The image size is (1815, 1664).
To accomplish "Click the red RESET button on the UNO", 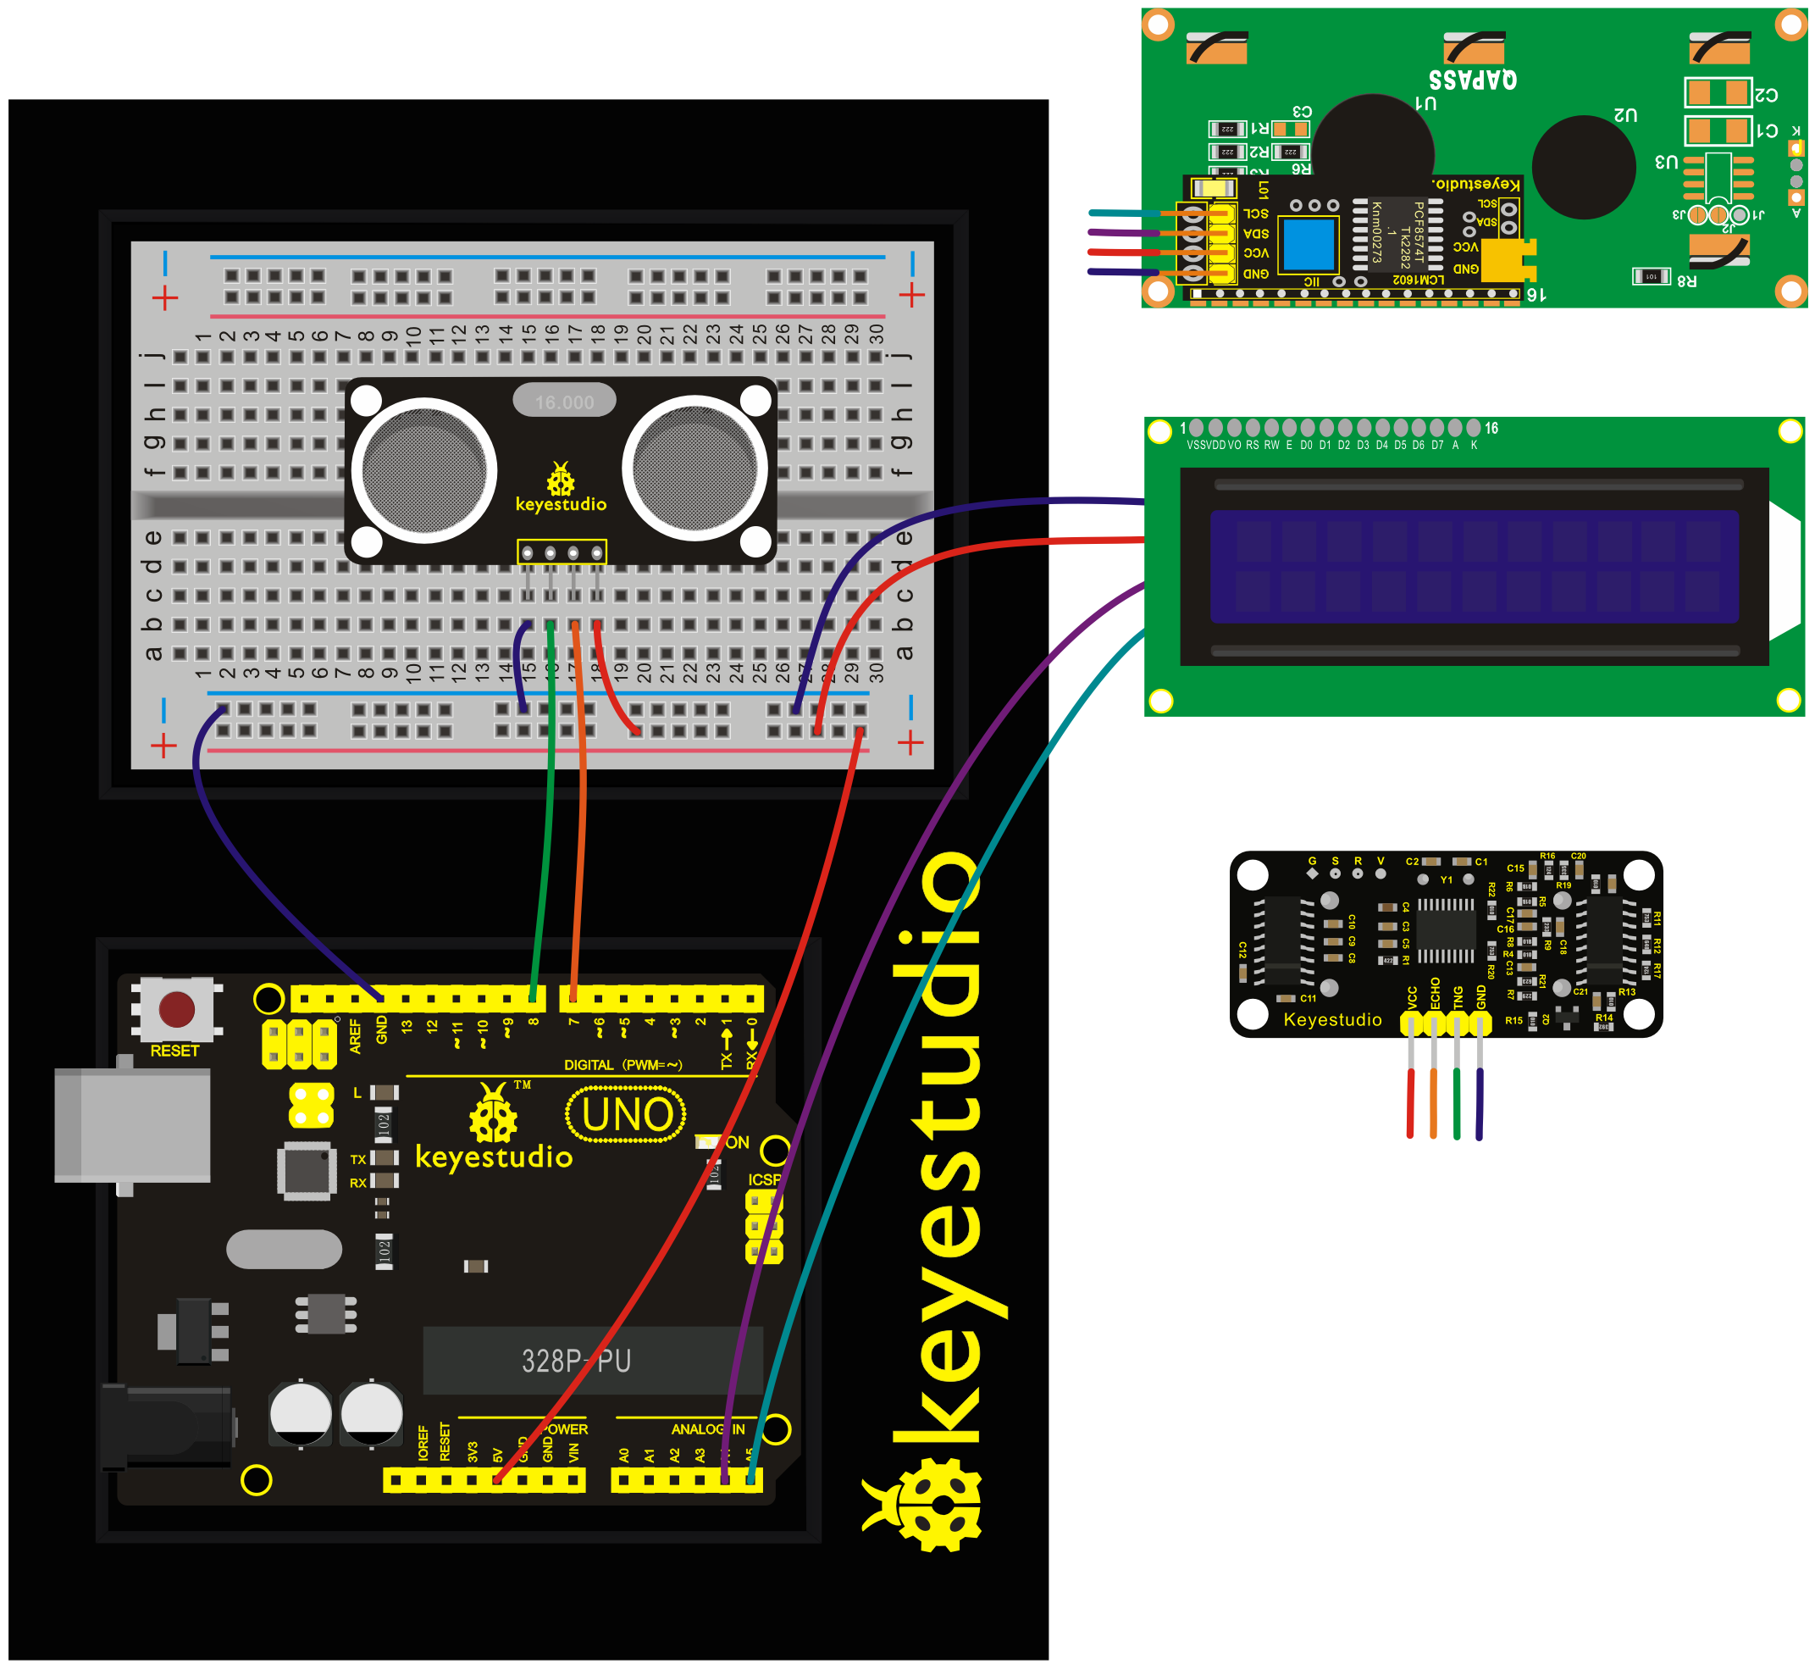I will [x=176, y=1009].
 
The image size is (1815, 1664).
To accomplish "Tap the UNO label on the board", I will [x=627, y=1115].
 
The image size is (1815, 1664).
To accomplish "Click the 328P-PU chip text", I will [x=576, y=1360].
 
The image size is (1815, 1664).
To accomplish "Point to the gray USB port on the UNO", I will [x=132, y=1124].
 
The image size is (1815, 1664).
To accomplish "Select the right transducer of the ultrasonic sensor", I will [x=694, y=469].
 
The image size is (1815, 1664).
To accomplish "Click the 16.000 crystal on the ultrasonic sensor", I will [x=564, y=402].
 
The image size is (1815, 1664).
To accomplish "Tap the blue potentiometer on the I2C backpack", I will [x=1309, y=244].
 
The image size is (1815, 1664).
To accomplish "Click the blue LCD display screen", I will [x=1474, y=566].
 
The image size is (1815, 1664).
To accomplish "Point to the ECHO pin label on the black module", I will [x=1435, y=993].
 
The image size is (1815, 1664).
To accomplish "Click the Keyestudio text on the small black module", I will [x=1332, y=1019].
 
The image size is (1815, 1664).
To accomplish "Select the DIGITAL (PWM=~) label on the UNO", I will [x=623, y=1065].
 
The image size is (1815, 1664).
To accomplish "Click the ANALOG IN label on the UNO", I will [x=708, y=1429].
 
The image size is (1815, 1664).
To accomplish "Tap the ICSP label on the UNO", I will [x=764, y=1179].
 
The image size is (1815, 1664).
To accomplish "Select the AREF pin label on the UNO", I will [x=355, y=1036].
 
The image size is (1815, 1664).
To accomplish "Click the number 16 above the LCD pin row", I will [x=1491, y=429].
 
